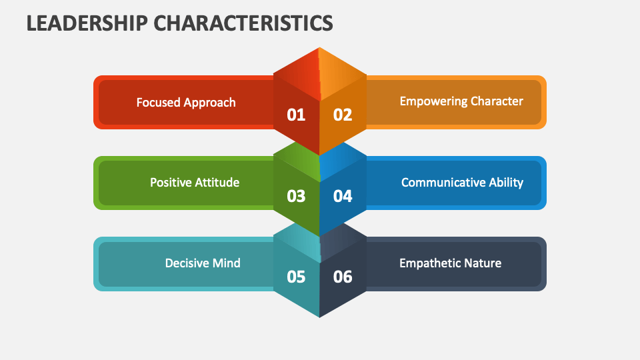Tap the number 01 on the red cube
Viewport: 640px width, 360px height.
tap(296, 115)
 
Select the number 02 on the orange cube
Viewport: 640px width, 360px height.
tap(343, 115)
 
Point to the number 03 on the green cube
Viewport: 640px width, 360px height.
tap(296, 196)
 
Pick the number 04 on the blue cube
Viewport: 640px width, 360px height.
tap(343, 196)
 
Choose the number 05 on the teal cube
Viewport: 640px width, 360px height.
tap(296, 277)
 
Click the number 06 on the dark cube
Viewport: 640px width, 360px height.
tap(343, 277)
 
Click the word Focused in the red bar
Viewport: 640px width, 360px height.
tap(159, 102)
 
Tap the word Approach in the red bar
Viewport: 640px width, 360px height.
tap(210, 103)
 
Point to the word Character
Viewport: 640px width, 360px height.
tap(497, 101)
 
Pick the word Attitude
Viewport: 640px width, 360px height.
tap(217, 182)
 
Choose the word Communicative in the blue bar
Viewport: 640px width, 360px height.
tap(441, 182)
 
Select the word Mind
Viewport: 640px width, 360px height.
tap(227, 263)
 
